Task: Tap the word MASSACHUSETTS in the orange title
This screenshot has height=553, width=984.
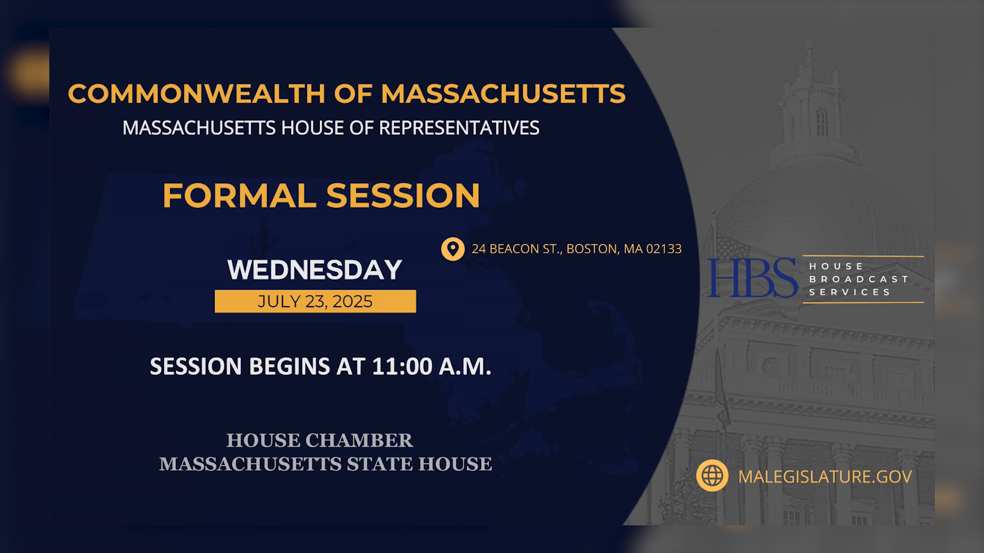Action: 503,94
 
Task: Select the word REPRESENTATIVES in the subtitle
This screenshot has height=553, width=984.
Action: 459,128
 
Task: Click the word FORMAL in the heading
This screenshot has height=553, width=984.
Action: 239,196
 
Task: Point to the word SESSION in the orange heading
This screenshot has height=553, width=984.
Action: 403,196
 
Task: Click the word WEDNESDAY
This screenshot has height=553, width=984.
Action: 315,270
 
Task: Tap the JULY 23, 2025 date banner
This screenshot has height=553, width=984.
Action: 315,302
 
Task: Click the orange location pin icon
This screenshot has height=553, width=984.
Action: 453,249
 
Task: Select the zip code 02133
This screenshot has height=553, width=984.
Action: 664,249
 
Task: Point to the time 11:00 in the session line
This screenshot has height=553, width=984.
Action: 402,367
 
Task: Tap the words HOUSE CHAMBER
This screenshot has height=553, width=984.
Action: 319,440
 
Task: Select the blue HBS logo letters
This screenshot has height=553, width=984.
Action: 752,278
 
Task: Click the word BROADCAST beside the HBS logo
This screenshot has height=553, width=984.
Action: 858,279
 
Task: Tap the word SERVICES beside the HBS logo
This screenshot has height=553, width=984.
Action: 850,292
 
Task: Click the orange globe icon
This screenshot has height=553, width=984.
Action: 712,476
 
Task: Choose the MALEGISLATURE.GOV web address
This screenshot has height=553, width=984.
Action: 825,477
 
